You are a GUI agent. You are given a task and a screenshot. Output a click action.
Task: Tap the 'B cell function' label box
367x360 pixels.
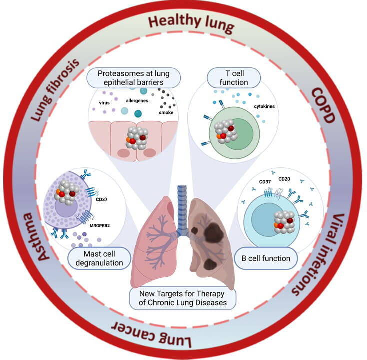[x=266, y=258]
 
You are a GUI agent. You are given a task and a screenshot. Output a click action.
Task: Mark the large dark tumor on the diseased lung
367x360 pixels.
[x=214, y=231]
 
